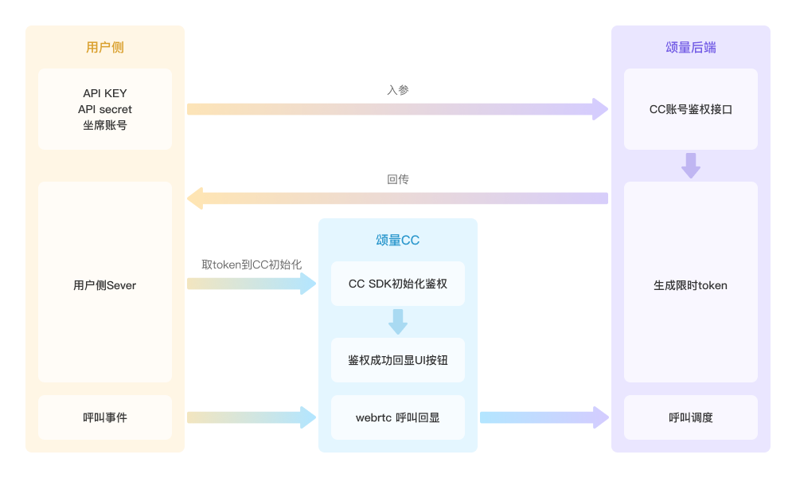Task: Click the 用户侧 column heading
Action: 105,47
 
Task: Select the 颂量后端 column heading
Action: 690,47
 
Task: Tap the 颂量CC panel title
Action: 397,240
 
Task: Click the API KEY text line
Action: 105,93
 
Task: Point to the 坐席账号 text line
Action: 105,125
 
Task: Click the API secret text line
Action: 105,109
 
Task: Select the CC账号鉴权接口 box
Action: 690,109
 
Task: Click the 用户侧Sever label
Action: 105,285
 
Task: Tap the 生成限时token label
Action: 690,285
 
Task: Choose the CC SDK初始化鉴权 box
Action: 397,284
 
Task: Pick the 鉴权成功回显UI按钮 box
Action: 397,360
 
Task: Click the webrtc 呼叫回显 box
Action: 397,417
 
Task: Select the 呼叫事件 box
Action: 105,417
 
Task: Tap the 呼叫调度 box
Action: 690,417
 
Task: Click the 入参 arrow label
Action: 397,90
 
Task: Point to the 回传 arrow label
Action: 397,178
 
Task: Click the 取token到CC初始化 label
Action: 252,264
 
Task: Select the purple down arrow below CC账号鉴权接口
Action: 690,166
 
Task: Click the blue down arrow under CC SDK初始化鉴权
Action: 397,322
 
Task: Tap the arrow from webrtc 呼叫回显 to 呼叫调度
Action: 544,417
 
